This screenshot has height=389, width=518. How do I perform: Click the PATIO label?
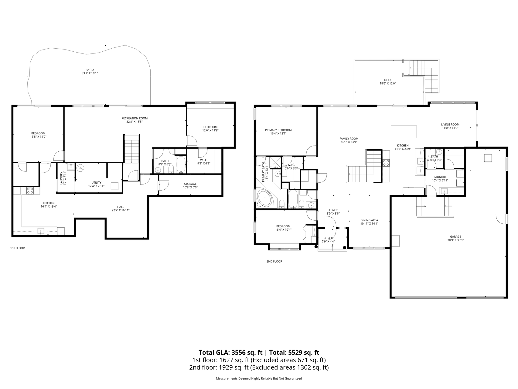(90, 70)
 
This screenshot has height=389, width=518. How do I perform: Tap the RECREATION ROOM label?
(134, 118)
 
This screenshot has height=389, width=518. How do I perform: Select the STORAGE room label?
(190, 184)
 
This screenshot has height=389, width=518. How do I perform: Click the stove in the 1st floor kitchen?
(30, 191)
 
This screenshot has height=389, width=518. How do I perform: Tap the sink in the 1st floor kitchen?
(41, 231)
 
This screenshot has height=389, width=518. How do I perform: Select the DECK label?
(388, 80)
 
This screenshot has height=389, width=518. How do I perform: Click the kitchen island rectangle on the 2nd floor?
(404, 132)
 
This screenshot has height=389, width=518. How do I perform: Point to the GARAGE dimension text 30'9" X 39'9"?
(455, 240)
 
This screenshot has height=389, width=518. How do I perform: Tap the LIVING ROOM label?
(450, 124)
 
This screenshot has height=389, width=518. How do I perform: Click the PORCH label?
(328, 238)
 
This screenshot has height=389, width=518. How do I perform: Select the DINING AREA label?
(369, 220)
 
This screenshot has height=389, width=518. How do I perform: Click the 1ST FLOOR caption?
(18, 248)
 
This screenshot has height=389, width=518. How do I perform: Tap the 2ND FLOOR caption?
(274, 261)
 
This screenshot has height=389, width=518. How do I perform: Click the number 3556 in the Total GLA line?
(239, 353)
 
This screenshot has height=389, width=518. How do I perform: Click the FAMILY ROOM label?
(349, 139)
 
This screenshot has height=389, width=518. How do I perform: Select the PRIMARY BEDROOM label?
(278, 130)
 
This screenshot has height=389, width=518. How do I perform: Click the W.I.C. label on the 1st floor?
(204, 160)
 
